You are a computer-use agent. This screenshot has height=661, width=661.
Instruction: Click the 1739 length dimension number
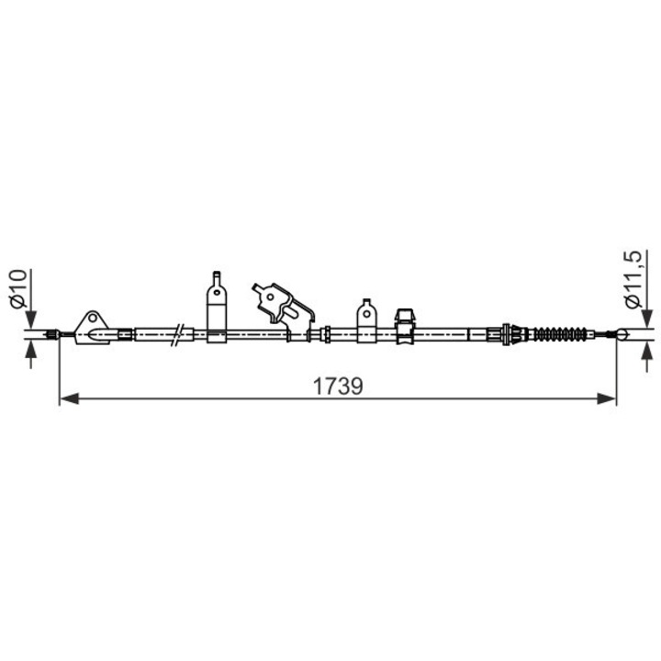pos(338,386)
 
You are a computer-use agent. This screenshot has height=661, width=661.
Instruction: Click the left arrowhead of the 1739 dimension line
pos(66,398)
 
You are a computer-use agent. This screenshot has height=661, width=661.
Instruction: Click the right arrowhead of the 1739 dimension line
pos(609,398)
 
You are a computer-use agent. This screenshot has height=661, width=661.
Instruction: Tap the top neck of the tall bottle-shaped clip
pos(217,277)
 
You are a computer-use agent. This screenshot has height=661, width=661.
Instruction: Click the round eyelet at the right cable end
pos(622,334)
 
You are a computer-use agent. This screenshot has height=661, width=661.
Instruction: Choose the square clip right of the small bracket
pos(405,325)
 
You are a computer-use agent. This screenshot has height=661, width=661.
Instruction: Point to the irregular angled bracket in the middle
pos(283,303)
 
